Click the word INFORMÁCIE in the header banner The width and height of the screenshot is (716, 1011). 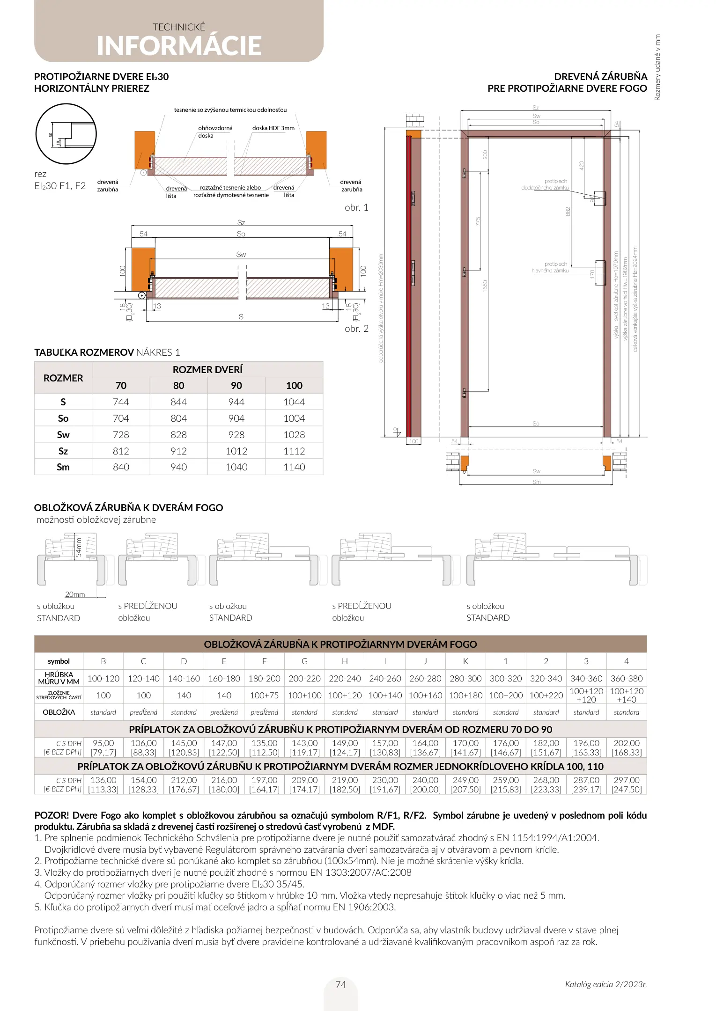179,46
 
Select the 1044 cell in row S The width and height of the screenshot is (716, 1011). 294,402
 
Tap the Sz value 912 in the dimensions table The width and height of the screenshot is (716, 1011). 178,451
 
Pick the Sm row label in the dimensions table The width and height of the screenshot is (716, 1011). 63,467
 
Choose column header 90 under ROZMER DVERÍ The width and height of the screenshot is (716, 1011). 236,386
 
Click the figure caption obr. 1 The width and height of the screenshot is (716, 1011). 356,207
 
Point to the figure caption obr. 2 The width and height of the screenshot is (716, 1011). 356,329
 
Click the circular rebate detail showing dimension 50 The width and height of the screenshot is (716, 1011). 66,134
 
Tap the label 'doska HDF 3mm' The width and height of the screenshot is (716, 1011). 273,128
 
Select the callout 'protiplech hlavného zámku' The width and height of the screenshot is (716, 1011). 551,267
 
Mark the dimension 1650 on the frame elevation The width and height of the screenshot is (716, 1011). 485,286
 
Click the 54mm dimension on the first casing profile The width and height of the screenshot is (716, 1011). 79,547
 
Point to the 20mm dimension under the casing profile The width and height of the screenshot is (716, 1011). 75,594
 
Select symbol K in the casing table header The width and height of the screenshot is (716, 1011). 465,661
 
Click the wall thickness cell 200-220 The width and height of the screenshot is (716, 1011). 304,679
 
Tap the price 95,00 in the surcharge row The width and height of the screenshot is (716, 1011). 103,743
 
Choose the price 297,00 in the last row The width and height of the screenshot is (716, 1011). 627,780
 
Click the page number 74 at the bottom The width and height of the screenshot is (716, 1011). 341,985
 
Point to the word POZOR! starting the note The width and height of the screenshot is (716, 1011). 52,815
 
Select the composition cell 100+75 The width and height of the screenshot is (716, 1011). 264,696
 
